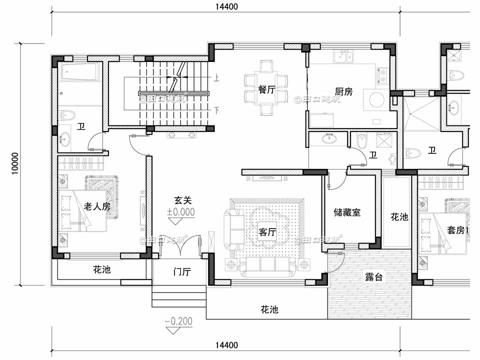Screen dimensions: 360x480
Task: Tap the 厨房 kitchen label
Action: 343,91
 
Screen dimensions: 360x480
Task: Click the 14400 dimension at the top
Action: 226,6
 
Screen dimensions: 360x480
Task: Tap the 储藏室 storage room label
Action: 346,212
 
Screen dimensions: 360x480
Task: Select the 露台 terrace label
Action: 373,277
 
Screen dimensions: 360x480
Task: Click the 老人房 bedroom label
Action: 96,206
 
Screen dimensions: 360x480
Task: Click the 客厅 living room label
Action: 267,232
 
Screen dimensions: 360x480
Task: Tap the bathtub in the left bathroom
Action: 80,73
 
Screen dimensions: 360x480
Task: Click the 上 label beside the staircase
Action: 216,77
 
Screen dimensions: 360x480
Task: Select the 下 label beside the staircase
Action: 216,109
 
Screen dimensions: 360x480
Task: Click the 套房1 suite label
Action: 457,230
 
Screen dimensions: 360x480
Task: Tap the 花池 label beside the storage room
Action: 398,217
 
